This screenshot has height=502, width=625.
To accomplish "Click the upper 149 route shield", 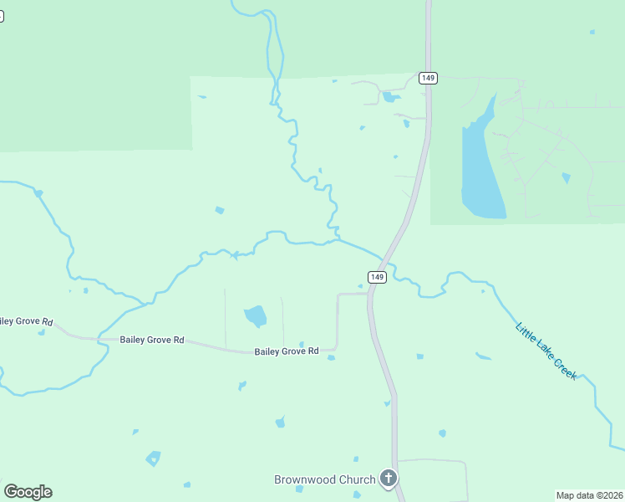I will point(428,78).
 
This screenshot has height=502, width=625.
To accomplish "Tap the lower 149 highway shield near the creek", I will point(377,277).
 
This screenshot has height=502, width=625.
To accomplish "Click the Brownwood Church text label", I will point(324,479).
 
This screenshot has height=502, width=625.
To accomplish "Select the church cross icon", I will point(388,479).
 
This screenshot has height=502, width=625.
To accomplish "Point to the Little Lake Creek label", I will point(546,352).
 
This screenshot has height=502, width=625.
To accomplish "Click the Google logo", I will point(28,492).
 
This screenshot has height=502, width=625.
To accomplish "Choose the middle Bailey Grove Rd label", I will point(151,341).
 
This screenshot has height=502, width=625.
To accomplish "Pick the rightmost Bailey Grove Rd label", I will point(287,351).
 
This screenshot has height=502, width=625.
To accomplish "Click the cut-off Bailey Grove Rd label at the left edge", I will point(25,321).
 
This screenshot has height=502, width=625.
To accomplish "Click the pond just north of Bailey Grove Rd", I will point(256,316).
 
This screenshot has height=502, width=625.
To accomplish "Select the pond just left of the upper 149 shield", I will point(390,97).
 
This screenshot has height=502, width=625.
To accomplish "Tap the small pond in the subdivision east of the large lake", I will point(567,178).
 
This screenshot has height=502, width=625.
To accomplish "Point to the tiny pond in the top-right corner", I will point(592,32).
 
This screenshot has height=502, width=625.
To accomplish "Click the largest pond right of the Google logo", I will point(153,458).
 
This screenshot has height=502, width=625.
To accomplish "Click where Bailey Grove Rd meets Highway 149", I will point(368,294).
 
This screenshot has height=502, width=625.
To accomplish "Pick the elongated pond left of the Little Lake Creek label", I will point(483,357).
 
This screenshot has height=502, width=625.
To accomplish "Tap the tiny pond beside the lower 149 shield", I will point(361,286).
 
